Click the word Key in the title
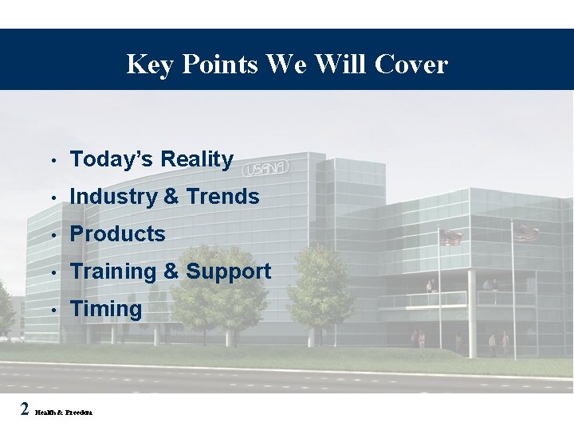(x=151, y=64)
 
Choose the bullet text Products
(x=117, y=234)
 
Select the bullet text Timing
(x=105, y=309)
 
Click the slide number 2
(x=25, y=409)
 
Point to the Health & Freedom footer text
(x=64, y=412)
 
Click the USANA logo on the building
(x=265, y=169)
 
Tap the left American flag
(x=451, y=237)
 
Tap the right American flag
(x=526, y=233)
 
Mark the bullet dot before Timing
(x=52, y=310)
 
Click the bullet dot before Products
(x=52, y=235)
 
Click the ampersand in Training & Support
(x=171, y=272)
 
